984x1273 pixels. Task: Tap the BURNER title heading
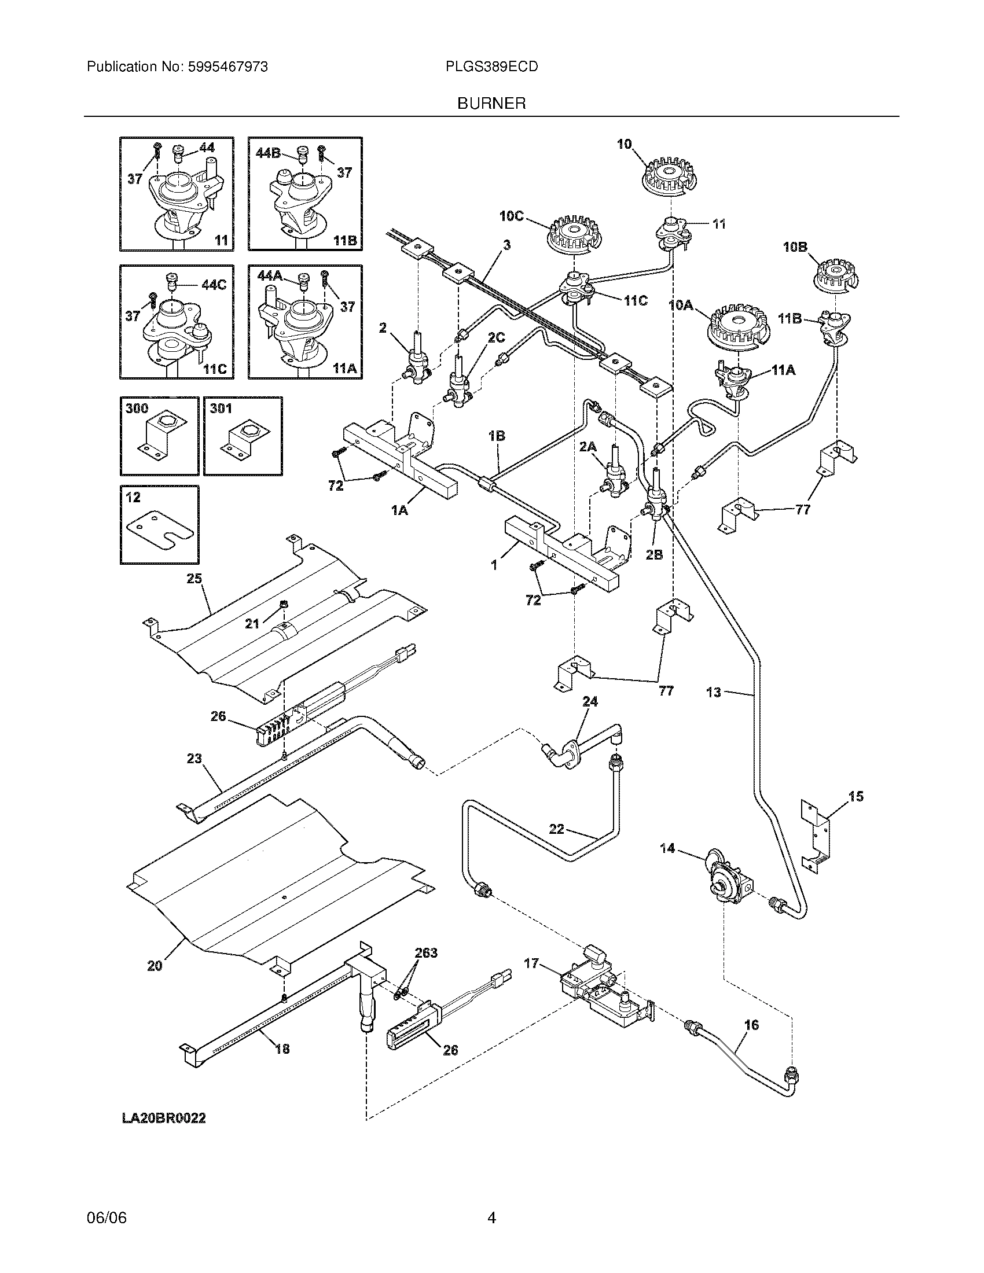point(491,104)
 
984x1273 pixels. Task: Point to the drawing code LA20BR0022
point(164,1119)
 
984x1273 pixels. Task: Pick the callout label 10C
point(511,216)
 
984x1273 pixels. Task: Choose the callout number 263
point(426,952)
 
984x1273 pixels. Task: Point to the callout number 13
point(714,693)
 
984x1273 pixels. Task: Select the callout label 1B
point(497,435)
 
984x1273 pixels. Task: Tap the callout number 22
point(557,828)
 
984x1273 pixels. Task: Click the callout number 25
point(194,578)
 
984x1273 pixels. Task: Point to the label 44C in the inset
point(214,285)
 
